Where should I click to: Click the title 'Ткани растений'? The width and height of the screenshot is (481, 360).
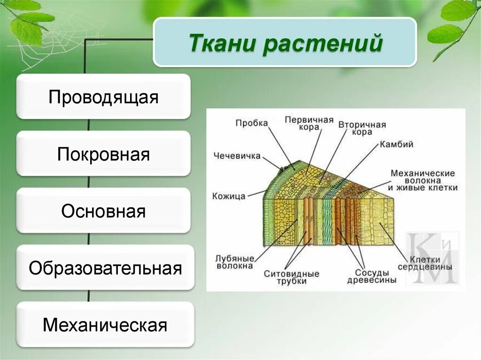coord(285,43)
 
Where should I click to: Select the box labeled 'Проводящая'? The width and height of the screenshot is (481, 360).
coord(103,97)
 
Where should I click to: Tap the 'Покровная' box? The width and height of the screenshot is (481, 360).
coord(103,154)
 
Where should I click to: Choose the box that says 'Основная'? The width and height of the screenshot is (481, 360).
coord(103,211)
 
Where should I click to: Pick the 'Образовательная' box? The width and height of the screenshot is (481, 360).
coord(105,268)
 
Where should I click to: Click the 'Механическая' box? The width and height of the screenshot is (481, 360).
coord(105,325)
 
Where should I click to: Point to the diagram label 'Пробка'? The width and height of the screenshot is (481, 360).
coord(252,123)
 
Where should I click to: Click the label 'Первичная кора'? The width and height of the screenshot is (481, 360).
coord(309,123)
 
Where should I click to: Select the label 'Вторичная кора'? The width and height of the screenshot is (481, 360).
coord(362,128)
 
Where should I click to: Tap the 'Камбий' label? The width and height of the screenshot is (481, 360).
coord(396,144)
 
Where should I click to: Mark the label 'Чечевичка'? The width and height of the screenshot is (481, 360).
coord(237,156)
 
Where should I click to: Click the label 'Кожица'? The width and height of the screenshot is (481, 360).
coord(229,196)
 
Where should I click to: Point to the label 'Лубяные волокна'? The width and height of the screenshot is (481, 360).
coord(234,262)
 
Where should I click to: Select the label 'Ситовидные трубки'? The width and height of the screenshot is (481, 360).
coord(291,277)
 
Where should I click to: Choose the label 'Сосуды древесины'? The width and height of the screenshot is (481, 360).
coord(372,276)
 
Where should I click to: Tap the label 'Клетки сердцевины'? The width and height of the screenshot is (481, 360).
coord(425,263)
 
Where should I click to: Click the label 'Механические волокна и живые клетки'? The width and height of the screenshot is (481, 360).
coord(423,180)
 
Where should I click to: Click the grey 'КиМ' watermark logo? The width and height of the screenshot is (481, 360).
coord(433,258)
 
